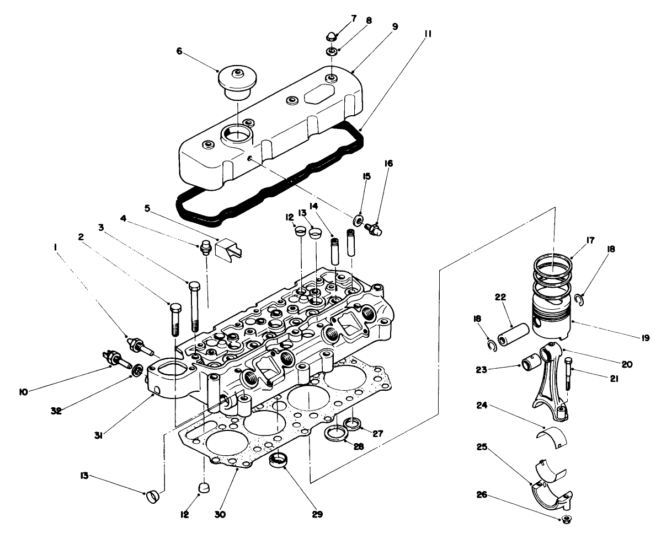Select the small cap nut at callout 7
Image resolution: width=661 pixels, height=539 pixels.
[330, 37]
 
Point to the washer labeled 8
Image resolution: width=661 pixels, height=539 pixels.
[332, 52]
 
